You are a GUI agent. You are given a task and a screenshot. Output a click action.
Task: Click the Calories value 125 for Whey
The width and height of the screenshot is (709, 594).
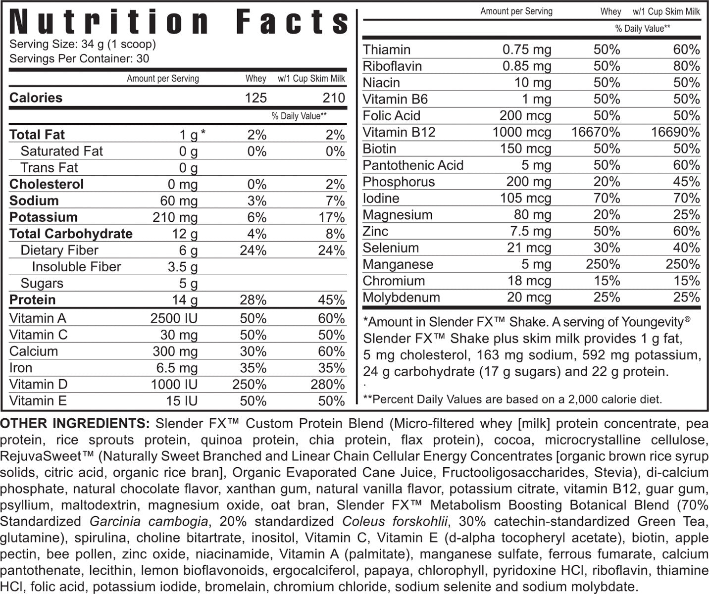[255, 98]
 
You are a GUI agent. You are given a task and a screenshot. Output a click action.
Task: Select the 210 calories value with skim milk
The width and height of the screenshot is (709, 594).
[334, 98]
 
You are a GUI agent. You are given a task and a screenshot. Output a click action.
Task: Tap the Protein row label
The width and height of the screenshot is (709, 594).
[33, 300]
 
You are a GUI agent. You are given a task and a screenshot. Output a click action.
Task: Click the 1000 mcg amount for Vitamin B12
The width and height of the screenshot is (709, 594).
[521, 133]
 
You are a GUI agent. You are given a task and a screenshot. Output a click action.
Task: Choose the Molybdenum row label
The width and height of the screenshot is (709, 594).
[401, 297]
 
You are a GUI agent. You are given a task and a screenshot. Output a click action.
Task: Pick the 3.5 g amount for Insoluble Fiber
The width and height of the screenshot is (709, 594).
[183, 267]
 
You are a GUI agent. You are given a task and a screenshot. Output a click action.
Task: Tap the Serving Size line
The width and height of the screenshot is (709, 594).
[83, 44]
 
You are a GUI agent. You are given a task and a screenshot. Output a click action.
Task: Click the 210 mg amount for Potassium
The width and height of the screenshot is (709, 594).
[175, 217]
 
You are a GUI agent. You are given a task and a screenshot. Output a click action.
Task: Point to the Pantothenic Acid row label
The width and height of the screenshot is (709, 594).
[413, 165]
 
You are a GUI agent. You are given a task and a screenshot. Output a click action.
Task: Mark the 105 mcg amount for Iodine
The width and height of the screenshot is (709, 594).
[526, 198]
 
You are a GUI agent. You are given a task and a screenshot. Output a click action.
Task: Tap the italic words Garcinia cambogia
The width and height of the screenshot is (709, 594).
[149, 522]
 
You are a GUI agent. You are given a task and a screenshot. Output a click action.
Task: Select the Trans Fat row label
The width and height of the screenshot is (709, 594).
[49, 168]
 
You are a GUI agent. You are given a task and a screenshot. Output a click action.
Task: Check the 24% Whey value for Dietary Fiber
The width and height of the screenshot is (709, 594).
[253, 250]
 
